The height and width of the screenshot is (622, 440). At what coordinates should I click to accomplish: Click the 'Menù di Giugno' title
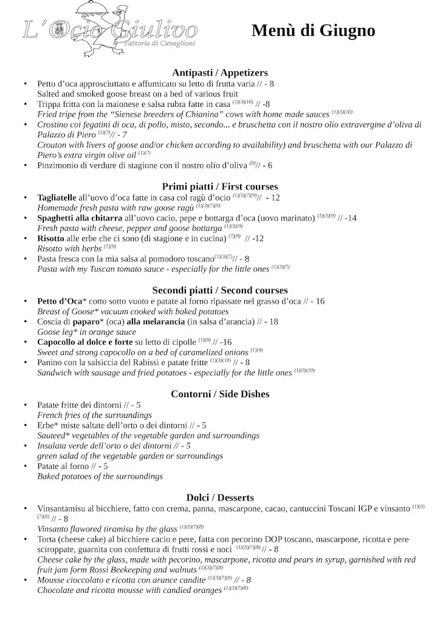coord(313,31)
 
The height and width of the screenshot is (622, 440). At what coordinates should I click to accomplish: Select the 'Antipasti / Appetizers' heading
coord(220,72)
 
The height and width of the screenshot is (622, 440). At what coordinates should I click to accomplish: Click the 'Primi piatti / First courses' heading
coord(220,186)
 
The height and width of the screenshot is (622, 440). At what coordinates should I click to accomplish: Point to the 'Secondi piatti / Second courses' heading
coord(220,290)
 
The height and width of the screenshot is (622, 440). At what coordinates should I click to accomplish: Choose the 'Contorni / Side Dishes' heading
coord(220,394)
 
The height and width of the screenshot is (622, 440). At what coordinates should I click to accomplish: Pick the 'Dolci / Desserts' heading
coord(220,497)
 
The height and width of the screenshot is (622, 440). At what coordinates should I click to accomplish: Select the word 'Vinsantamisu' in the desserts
coord(62,508)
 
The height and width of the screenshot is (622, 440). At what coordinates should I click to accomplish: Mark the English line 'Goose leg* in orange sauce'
coord(86,332)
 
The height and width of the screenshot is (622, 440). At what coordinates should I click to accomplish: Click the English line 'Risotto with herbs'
coord(70,248)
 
